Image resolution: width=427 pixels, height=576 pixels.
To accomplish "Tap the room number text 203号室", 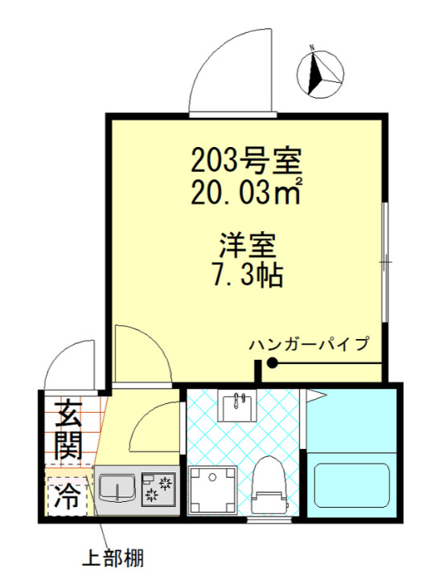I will point(245,162).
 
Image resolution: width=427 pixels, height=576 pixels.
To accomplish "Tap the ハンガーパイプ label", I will point(309,345).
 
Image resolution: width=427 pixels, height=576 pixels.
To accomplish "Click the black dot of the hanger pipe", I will point(272,364).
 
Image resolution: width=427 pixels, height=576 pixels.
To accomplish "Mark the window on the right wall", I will point(385,261).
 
